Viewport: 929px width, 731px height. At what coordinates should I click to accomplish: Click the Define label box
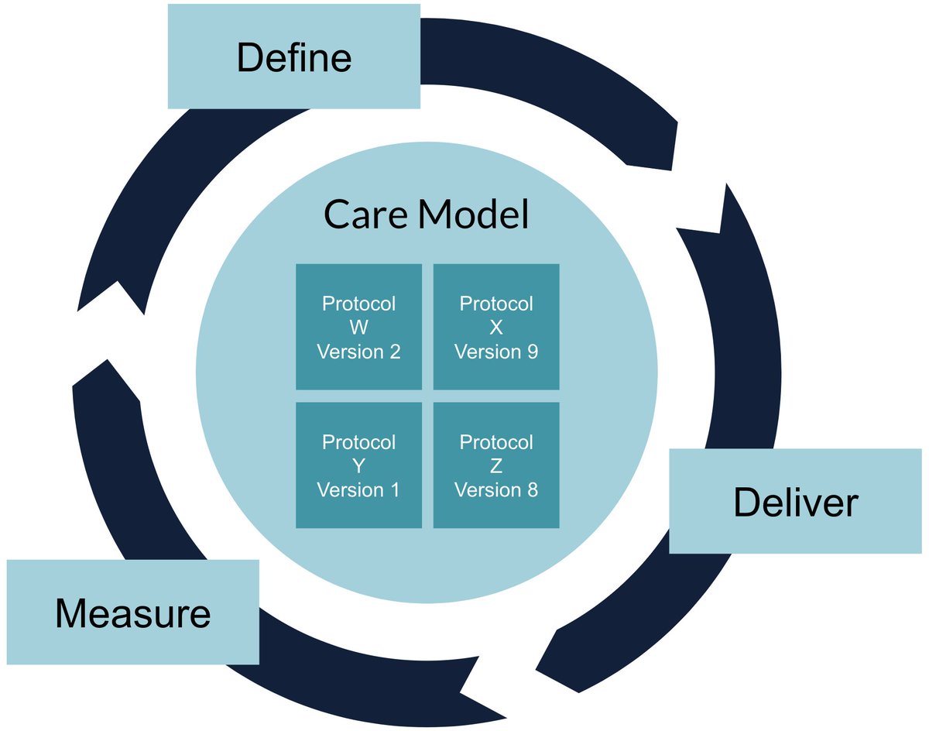[x=293, y=57]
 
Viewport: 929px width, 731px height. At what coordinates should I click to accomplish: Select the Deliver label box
[x=795, y=501]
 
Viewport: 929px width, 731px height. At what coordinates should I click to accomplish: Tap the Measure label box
[x=132, y=612]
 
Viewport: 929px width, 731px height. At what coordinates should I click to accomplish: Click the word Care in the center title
[x=365, y=214]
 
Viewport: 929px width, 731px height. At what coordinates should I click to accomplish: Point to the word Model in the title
[x=474, y=214]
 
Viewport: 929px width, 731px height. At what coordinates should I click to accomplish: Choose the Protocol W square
[x=358, y=327]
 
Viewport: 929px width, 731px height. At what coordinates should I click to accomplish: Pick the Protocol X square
[x=496, y=327]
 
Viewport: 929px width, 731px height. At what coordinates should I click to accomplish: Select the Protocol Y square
[x=358, y=465]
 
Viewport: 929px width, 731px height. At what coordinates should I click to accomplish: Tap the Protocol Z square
[x=496, y=465]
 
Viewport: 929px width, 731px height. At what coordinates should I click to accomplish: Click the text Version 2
[x=358, y=352]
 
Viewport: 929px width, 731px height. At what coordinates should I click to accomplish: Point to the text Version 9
[x=496, y=352]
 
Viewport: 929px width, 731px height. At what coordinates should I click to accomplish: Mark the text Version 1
[x=358, y=489]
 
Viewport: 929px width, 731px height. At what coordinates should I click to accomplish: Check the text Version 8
[x=496, y=489]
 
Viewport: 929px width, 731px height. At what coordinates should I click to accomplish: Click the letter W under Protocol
[x=358, y=328]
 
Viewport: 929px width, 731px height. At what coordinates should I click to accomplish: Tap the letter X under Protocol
[x=496, y=328]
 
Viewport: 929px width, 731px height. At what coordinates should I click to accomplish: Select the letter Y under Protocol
[x=358, y=465]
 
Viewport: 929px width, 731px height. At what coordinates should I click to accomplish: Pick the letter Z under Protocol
[x=496, y=465]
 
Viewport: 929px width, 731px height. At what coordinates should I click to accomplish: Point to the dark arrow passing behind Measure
[x=348, y=674]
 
